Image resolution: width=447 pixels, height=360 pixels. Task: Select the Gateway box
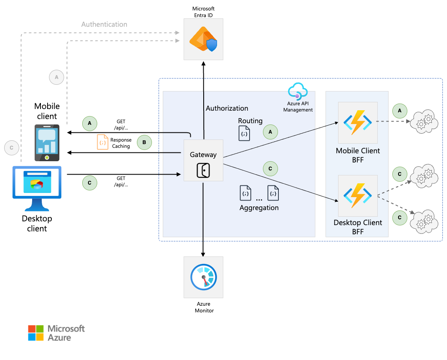tap(203, 160)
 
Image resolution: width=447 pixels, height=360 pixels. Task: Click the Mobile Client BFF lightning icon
tap(358, 122)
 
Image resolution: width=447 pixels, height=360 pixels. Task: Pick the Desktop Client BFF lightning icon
tap(358, 195)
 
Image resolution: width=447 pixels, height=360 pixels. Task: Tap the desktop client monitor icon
tap(37, 188)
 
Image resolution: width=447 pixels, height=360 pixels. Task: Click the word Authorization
tap(227, 108)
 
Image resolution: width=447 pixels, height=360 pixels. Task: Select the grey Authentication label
tap(104, 24)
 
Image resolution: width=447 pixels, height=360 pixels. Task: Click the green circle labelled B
tap(144, 142)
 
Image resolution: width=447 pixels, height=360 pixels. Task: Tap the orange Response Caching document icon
tap(102, 142)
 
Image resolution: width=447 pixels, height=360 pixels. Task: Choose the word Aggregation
tap(259, 208)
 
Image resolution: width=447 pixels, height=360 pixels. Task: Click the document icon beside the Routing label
tap(245, 134)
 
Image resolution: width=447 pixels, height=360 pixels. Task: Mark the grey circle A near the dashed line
tap(57, 77)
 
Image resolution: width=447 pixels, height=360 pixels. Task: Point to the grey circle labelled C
tap(11, 147)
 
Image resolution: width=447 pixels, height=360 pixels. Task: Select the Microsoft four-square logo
tap(35, 333)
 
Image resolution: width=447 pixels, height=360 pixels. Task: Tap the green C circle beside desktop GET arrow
tap(89, 183)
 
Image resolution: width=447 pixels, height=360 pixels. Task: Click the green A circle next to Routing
tap(270, 132)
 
